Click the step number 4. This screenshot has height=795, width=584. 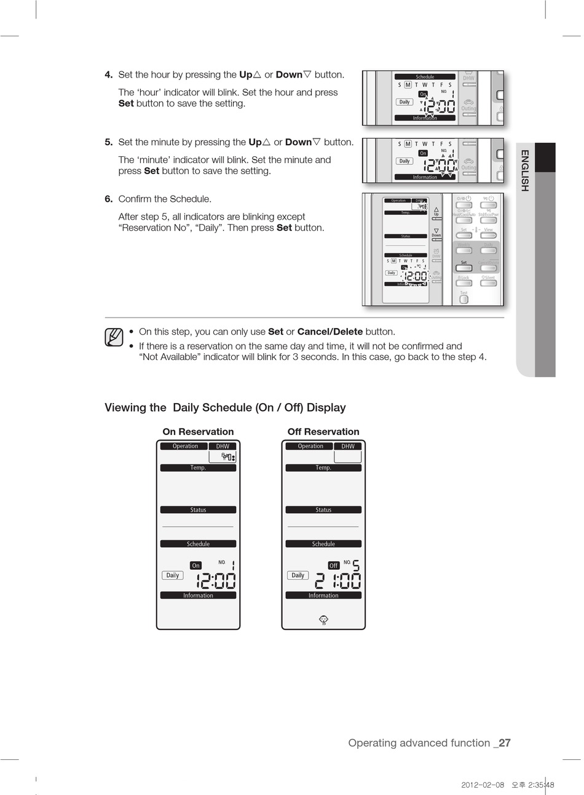[108, 75]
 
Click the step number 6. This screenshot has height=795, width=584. [108, 199]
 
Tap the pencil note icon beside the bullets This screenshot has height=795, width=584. [114, 337]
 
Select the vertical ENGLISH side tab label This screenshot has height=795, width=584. [524, 170]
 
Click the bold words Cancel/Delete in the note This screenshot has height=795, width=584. [330, 332]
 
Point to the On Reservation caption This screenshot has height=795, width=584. [198, 432]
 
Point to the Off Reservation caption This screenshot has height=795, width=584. [323, 432]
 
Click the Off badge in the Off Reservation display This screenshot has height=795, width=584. [334, 565]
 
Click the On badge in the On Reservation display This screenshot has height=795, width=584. [195, 565]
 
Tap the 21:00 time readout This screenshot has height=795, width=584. [337, 581]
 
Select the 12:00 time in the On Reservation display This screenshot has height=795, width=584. [216, 581]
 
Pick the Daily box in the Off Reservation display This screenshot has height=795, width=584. [298, 575]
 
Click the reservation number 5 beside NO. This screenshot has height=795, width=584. [356, 565]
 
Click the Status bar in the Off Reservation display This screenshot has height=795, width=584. [323, 509]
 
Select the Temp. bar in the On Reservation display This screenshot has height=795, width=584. [198, 468]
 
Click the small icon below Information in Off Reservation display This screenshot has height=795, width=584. [323, 620]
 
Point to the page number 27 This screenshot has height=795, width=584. [504, 743]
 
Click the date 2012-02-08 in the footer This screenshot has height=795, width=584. [483, 785]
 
